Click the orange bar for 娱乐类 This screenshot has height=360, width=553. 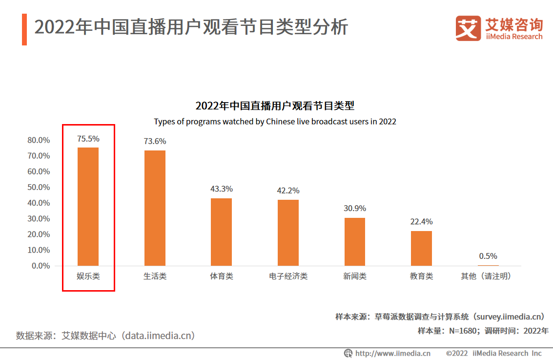point(88,207)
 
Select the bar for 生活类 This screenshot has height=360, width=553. point(155,208)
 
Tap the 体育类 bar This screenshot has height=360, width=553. point(221,232)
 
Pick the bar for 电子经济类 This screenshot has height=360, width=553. point(288,233)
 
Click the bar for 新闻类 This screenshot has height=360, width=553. point(355,242)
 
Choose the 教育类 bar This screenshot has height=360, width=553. point(421,248)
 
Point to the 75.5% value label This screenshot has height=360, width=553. point(88,139)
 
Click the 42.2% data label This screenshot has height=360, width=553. point(288,191)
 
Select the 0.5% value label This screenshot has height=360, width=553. point(488,256)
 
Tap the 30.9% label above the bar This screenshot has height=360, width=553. point(355,208)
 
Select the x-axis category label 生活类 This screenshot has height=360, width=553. point(155,276)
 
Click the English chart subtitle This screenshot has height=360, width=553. point(275,122)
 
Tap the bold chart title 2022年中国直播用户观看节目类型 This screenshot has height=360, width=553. point(275,106)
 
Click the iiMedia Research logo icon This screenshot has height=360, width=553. point(468,28)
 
